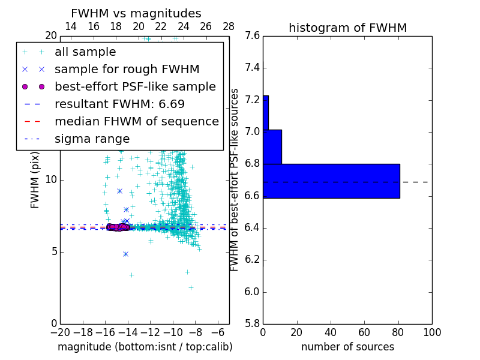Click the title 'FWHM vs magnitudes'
click(x=136, y=13)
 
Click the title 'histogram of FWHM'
click(x=347, y=28)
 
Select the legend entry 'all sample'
click(x=85, y=52)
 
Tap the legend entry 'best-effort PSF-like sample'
click(x=135, y=87)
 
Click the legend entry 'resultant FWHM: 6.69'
click(x=119, y=104)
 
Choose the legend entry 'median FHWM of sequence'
click(x=136, y=122)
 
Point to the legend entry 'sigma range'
click(x=92, y=139)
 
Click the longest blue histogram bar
click(x=331, y=181)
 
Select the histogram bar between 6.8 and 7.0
click(x=272, y=146)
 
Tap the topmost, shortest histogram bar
click(x=265, y=112)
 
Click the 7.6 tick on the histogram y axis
click(x=253, y=35)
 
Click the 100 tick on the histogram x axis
click(x=431, y=332)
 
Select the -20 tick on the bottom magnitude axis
click(x=60, y=332)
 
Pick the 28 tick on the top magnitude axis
click(x=229, y=26)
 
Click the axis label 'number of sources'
click(x=347, y=347)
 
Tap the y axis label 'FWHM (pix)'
click(x=35, y=180)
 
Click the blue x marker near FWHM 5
click(x=125, y=254)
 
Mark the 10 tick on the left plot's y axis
click(x=51, y=180)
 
